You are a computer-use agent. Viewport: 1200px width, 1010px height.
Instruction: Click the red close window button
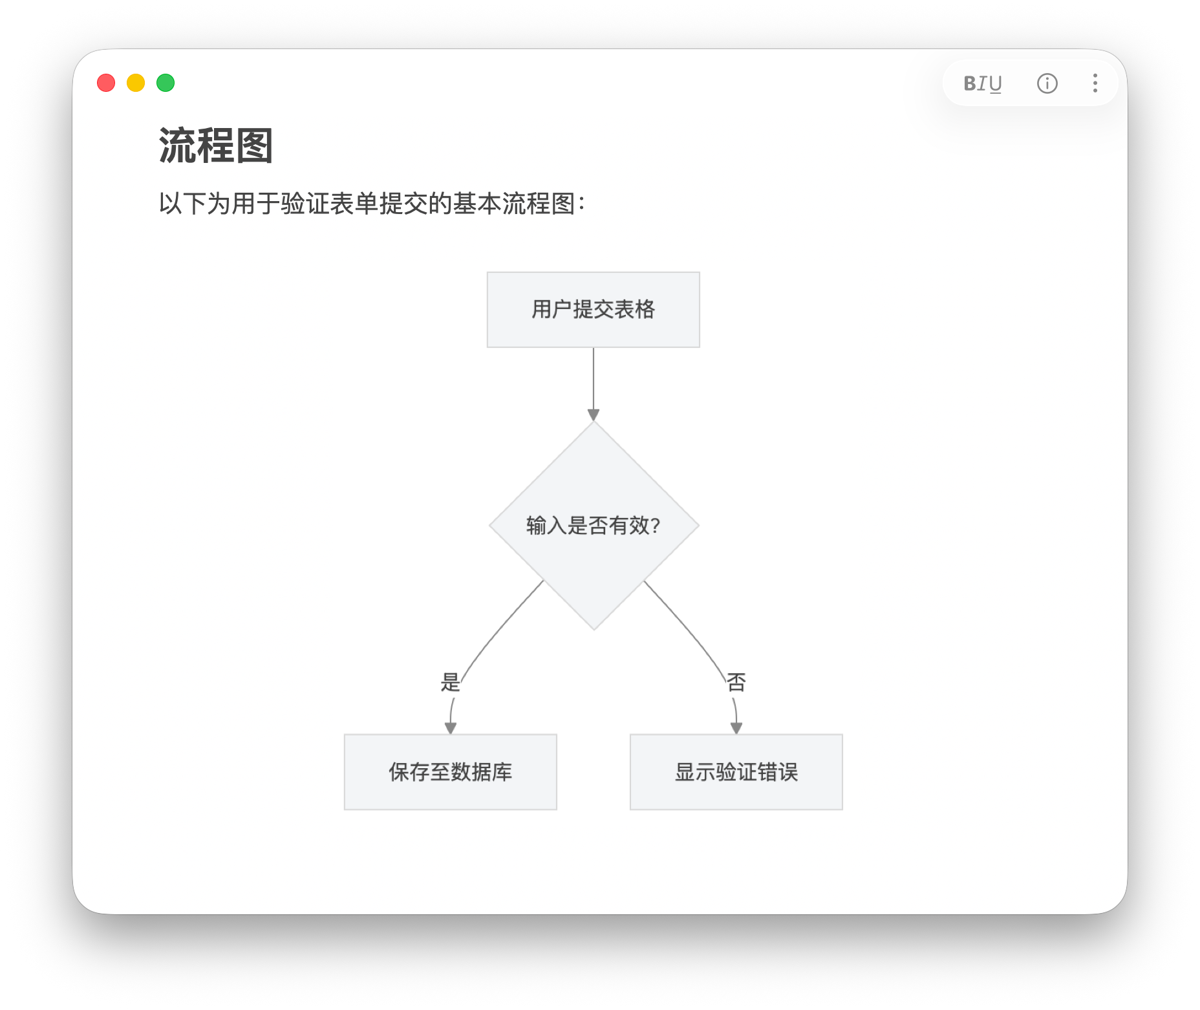coord(106,83)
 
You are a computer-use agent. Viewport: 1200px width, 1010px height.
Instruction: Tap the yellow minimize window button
coord(136,83)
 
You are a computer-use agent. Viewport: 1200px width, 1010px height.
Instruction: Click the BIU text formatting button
coord(982,83)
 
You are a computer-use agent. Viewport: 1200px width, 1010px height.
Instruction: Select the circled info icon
coord(1047,83)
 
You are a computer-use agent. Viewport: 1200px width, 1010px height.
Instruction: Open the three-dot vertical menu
coord(1095,83)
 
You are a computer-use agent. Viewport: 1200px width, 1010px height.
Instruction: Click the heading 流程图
coord(216,145)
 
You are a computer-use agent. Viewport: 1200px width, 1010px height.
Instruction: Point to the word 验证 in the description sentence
coord(306,204)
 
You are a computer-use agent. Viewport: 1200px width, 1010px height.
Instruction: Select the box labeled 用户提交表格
coord(594,310)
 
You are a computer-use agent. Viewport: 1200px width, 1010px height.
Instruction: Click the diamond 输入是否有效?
coord(594,526)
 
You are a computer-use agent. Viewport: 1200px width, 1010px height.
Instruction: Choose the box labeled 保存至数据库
coord(451,772)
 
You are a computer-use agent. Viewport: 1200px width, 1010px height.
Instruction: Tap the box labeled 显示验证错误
coord(736,772)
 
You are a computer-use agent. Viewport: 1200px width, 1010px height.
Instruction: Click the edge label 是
coord(451,682)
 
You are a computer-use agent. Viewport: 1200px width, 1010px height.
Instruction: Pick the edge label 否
coord(736,682)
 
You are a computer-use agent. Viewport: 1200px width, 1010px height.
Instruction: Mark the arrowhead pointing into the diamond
coord(594,415)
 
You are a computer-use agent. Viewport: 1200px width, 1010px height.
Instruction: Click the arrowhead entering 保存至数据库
coord(451,728)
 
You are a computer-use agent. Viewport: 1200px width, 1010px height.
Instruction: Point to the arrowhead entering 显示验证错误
coord(736,728)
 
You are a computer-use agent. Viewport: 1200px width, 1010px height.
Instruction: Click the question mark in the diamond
coord(656,526)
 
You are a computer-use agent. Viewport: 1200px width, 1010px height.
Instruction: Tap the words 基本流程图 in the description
coord(514,204)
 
